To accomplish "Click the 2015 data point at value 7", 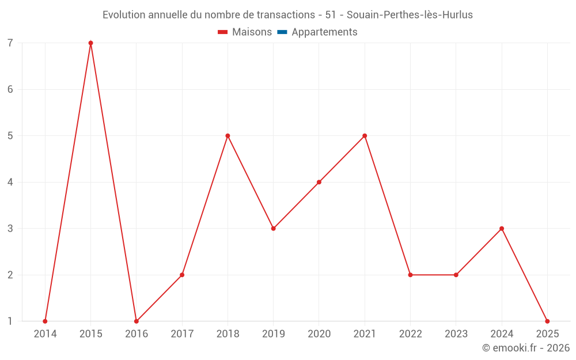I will click(x=90, y=43).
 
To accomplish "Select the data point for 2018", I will click(x=228, y=136).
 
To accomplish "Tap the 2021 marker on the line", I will click(x=365, y=136).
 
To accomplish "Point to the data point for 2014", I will click(x=45, y=321).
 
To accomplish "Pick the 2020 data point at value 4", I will click(x=319, y=182).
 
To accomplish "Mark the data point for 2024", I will click(x=502, y=229).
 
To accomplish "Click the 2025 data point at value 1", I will click(x=547, y=321).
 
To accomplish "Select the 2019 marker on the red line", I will click(x=274, y=229).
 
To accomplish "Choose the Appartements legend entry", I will click(x=324, y=32).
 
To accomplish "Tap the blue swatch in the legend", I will click(x=282, y=32).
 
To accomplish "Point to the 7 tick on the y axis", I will click(x=10, y=43).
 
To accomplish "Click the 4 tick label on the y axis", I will click(x=10, y=182).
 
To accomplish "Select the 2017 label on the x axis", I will click(x=182, y=334).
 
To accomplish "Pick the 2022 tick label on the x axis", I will click(x=410, y=334).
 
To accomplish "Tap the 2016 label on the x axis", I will click(x=137, y=334).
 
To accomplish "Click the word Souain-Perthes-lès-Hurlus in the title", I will click(x=410, y=15).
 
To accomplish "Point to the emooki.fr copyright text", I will click(x=526, y=348).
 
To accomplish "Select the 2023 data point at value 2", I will click(x=456, y=275).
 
